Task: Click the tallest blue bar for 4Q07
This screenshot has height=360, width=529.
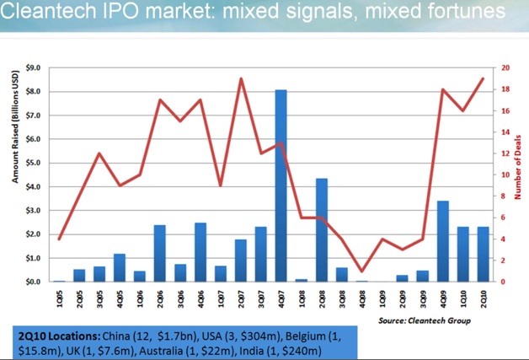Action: pyautogui.click(x=281, y=185)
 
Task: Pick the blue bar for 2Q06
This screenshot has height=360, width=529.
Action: pyautogui.click(x=158, y=253)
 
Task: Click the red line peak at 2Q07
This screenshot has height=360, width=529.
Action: pyautogui.click(x=241, y=78)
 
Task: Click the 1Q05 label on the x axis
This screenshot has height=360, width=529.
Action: pyautogui.click(x=60, y=296)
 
